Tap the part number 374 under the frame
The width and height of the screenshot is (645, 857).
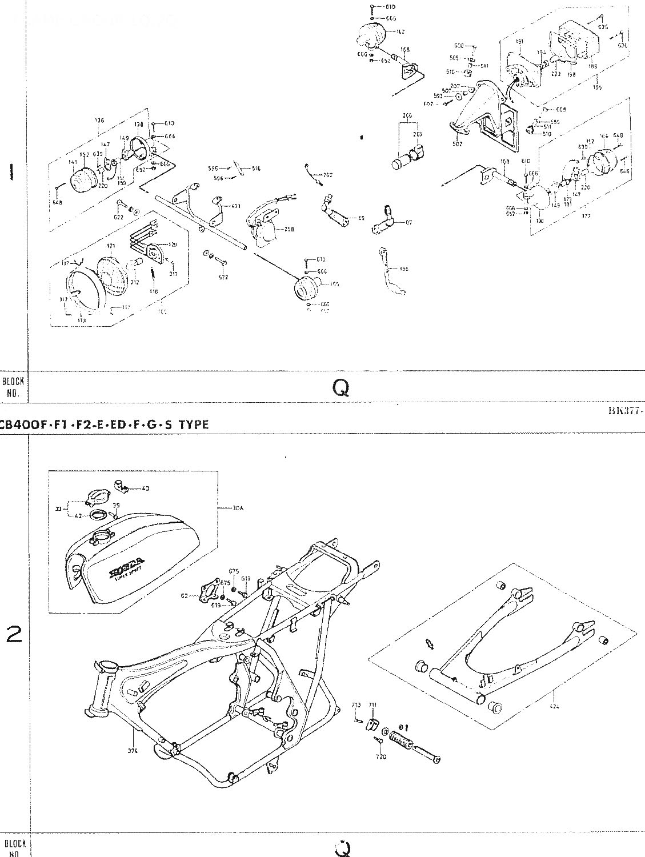(133, 751)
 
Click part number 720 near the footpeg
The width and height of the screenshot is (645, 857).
(381, 756)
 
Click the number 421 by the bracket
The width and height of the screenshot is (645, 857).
(236, 205)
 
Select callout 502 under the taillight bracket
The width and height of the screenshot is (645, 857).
(457, 145)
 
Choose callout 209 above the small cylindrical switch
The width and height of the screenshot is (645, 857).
(418, 134)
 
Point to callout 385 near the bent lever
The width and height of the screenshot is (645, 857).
(404, 269)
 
